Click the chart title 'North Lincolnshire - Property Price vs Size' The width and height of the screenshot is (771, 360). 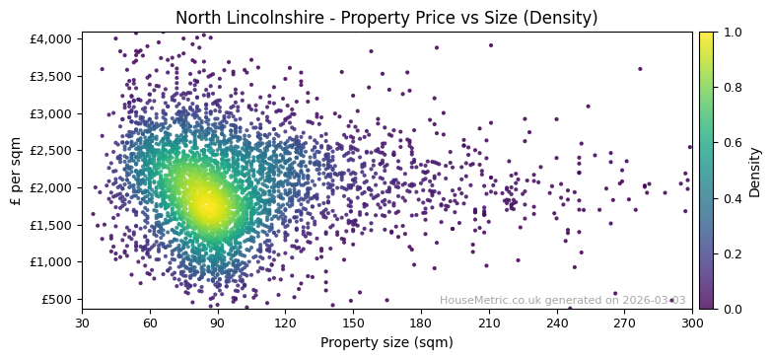[x=386, y=18]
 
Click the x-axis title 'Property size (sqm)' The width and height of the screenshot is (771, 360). [x=386, y=343]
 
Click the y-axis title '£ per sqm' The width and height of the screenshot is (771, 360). [x=16, y=171]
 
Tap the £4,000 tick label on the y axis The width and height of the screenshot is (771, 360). [x=50, y=38]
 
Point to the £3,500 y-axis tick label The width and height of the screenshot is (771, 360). [x=50, y=76]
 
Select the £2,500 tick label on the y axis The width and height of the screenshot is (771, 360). [x=50, y=150]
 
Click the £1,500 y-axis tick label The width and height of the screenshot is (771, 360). [x=50, y=225]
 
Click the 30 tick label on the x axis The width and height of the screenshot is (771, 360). [x=82, y=323]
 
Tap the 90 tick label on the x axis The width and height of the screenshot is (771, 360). [x=218, y=323]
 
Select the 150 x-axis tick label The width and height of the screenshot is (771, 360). [x=353, y=323]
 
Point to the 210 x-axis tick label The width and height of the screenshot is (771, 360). [x=489, y=323]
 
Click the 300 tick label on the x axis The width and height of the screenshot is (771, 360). [x=692, y=323]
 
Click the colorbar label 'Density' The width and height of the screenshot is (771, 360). [x=755, y=171]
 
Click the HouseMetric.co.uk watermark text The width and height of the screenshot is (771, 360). [x=562, y=300]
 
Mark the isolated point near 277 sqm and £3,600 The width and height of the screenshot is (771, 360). [x=640, y=69]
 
